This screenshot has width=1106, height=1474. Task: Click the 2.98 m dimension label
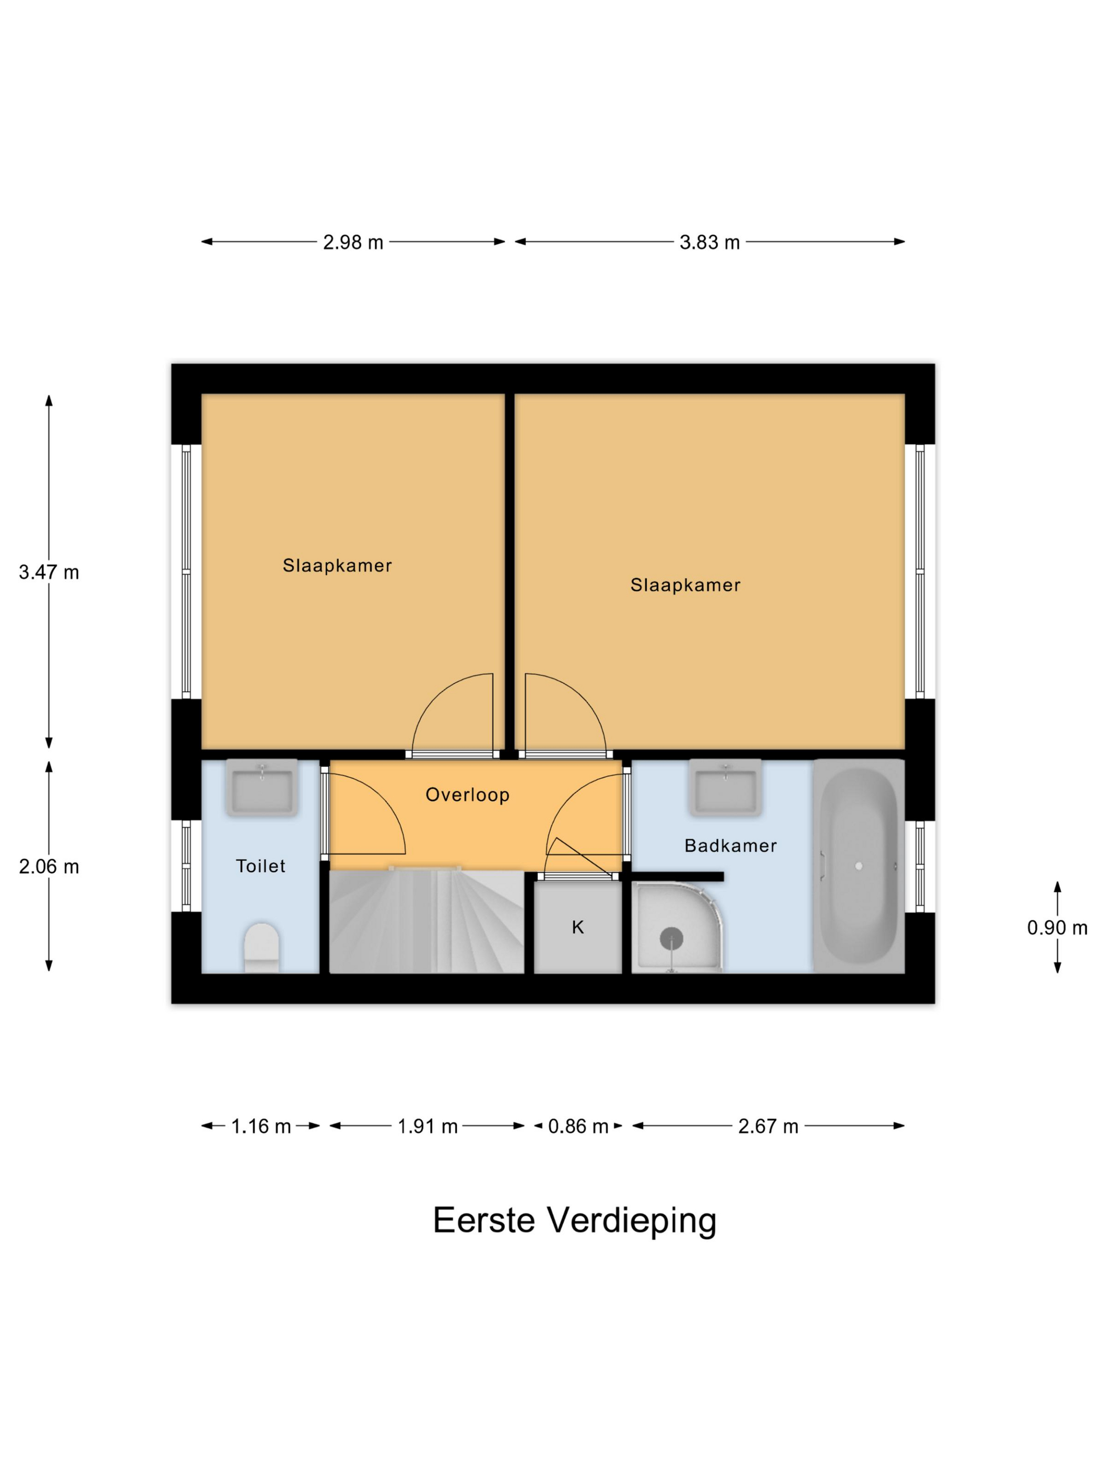pyautogui.click(x=353, y=243)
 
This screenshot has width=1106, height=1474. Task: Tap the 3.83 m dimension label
pyautogui.click(x=709, y=243)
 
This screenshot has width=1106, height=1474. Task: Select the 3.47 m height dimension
pyautogui.click(x=48, y=572)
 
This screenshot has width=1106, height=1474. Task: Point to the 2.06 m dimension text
pyautogui.click(x=48, y=867)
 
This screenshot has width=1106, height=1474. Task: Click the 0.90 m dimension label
pyautogui.click(x=1056, y=928)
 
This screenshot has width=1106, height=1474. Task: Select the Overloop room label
pyautogui.click(x=467, y=795)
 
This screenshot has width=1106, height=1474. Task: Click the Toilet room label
pyautogui.click(x=261, y=867)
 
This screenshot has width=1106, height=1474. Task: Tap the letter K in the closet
pyautogui.click(x=578, y=928)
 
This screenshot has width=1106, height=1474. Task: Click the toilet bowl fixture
pyautogui.click(x=261, y=948)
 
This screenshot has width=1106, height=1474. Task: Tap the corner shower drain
pyautogui.click(x=671, y=938)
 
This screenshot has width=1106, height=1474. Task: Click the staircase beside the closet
pyautogui.click(x=427, y=923)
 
